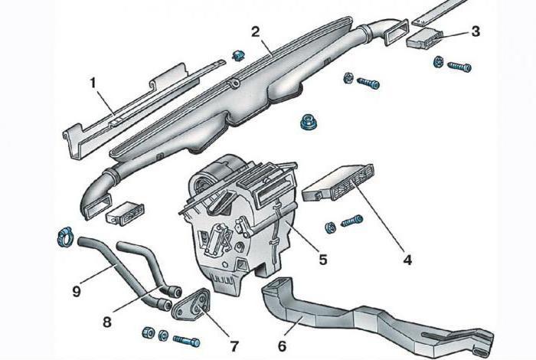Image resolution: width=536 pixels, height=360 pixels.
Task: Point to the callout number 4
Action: [407, 260]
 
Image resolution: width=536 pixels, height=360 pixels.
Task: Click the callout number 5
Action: [323, 260]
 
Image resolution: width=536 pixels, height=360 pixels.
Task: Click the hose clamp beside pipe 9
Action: [64, 235]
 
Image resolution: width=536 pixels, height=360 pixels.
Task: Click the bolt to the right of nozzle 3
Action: [459, 66]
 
